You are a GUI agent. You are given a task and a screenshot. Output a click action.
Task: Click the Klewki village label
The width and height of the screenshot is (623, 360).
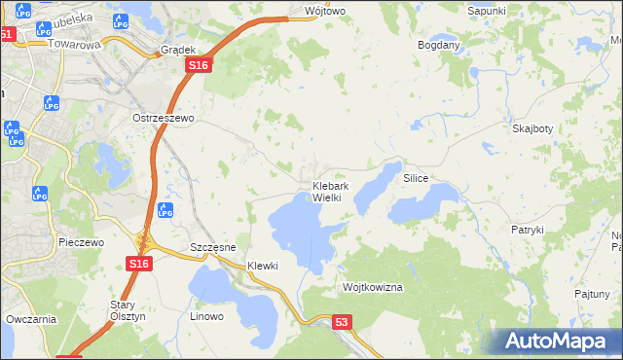[x=263, y=266]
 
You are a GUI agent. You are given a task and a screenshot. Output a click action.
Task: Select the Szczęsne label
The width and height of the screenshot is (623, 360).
[x=213, y=248]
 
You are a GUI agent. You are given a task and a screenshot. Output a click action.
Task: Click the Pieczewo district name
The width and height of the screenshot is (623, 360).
[x=81, y=242]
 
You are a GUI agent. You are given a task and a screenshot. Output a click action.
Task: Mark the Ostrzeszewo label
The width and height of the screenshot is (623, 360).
[x=164, y=118]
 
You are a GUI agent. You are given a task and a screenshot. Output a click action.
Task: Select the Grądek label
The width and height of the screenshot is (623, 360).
[x=180, y=49]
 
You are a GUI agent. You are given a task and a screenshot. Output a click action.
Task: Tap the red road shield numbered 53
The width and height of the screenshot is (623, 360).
[x=341, y=321]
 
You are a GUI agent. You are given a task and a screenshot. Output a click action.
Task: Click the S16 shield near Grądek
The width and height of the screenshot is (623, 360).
[x=198, y=64]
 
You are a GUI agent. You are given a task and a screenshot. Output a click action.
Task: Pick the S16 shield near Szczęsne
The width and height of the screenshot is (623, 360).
[x=138, y=264]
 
